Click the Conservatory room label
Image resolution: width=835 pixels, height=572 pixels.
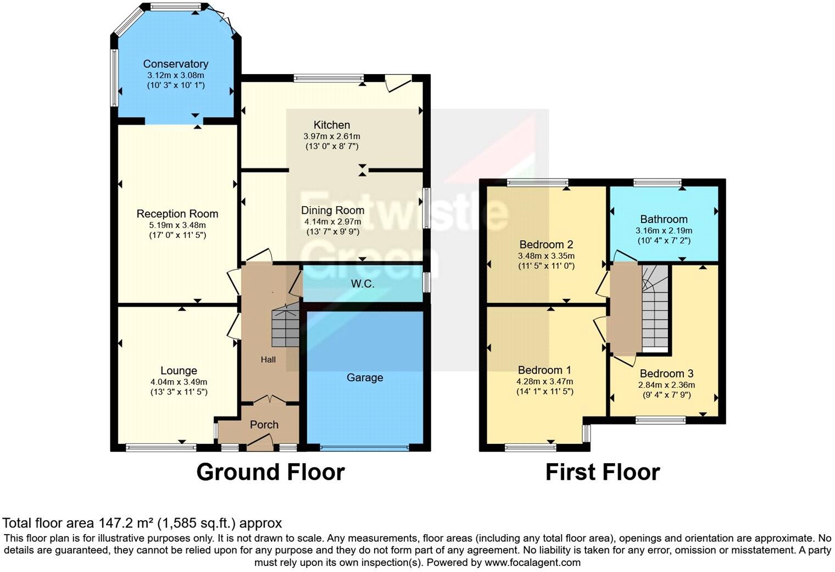(x=175, y=64)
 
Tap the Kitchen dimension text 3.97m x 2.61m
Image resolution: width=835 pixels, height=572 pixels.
(x=332, y=136)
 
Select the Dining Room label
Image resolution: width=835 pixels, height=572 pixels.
(x=332, y=210)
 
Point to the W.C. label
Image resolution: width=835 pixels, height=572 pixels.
(x=363, y=284)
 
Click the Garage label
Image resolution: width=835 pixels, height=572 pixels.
(x=365, y=377)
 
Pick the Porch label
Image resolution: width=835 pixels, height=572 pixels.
(x=264, y=425)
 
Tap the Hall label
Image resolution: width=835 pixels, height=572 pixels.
(x=268, y=359)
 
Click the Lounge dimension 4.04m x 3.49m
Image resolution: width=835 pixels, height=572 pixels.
(x=179, y=382)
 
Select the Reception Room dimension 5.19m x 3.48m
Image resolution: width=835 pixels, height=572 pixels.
(x=177, y=225)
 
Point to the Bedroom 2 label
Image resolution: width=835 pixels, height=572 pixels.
(x=546, y=245)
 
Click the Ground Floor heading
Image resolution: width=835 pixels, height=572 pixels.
(x=270, y=473)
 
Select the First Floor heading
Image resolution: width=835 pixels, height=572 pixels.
(x=602, y=473)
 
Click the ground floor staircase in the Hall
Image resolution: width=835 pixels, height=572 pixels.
(x=285, y=327)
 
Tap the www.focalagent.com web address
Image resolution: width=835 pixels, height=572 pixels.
(x=532, y=563)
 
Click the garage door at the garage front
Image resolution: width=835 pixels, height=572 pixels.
(x=365, y=448)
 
